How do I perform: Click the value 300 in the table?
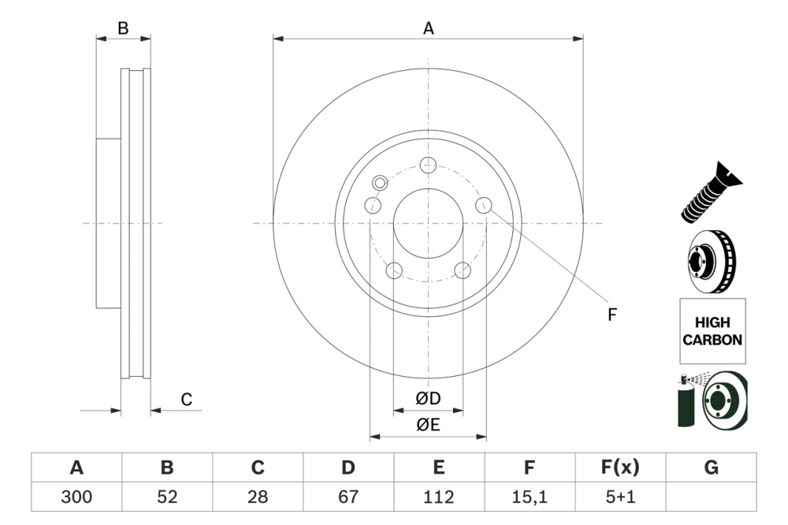[x=76, y=497]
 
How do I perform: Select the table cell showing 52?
[x=167, y=497]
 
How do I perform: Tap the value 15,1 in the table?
[x=530, y=497]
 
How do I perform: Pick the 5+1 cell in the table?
[x=620, y=497]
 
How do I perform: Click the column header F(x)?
[x=620, y=467]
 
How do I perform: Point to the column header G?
[x=711, y=467]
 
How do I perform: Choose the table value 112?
[x=439, y=497]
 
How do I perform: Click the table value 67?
[x=348, y=497]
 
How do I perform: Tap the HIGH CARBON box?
[x=712, y=331]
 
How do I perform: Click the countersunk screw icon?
[x=709, y=192]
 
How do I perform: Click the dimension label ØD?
[x=428, y=399]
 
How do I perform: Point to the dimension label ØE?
[x=428, y=425]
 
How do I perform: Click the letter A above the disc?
[x=429, y=28]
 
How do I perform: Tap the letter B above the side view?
[x=123, y=28]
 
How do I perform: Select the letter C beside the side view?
[x=187, y=400]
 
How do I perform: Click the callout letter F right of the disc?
[x=611, y=315]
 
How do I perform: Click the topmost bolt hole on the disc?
[x=428, y=165]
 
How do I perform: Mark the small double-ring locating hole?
[x=379, y=183]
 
